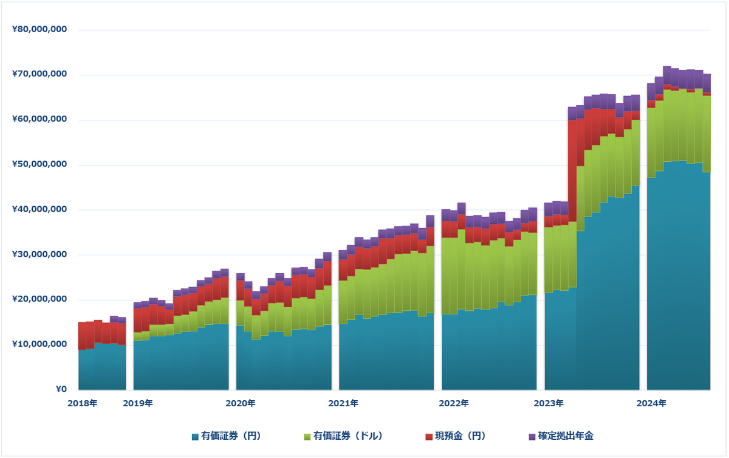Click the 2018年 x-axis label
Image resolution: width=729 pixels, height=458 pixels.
click(x=82, y=403)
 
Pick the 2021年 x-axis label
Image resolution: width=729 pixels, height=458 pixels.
click(x=343, y=403)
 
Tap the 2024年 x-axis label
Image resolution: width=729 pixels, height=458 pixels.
click(x=651, y=403)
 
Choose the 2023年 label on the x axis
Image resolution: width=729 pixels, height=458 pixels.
click(x=549, y=403)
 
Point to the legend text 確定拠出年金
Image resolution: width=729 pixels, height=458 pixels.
click(x=565, y=436)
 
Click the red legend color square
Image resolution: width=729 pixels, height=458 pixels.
click(x=429, y=437)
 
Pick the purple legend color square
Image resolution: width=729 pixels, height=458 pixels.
click(x=532, y=437)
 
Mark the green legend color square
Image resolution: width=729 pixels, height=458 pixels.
click(x=307, y=437)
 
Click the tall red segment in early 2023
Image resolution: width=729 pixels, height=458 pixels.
click(x=572, y=171)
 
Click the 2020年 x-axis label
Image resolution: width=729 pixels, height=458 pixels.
click(x=241, y=403)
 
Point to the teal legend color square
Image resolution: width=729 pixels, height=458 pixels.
click(x=195, y=437)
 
